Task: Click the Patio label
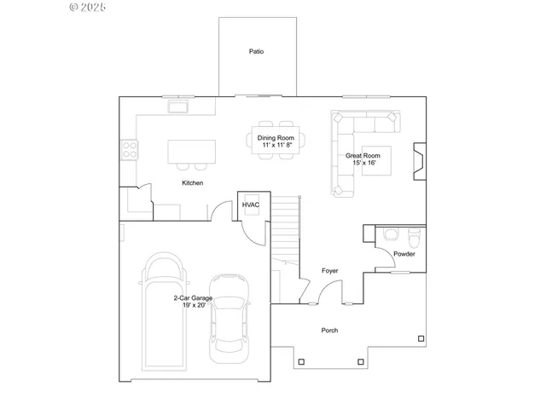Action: [x=256, y=52]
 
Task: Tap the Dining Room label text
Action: [x=276, y=138]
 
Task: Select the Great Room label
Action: [x=363, y=156]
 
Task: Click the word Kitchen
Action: [x=192, y=183]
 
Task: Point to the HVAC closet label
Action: [x=251, y=205]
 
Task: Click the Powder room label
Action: [x=404, y=254]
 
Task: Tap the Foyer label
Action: [x=329, y=271]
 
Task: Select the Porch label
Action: [x=329, y=331]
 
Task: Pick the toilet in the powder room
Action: [x=392, y=233]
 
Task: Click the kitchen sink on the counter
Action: [x=180, y=107]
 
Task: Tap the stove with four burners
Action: [x=131, y=150]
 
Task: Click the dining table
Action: [x=276, y=142]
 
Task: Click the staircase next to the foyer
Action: [x=287, y=230]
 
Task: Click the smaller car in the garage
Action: [x=228, y=314]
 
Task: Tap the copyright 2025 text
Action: [x=87, y=7]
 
